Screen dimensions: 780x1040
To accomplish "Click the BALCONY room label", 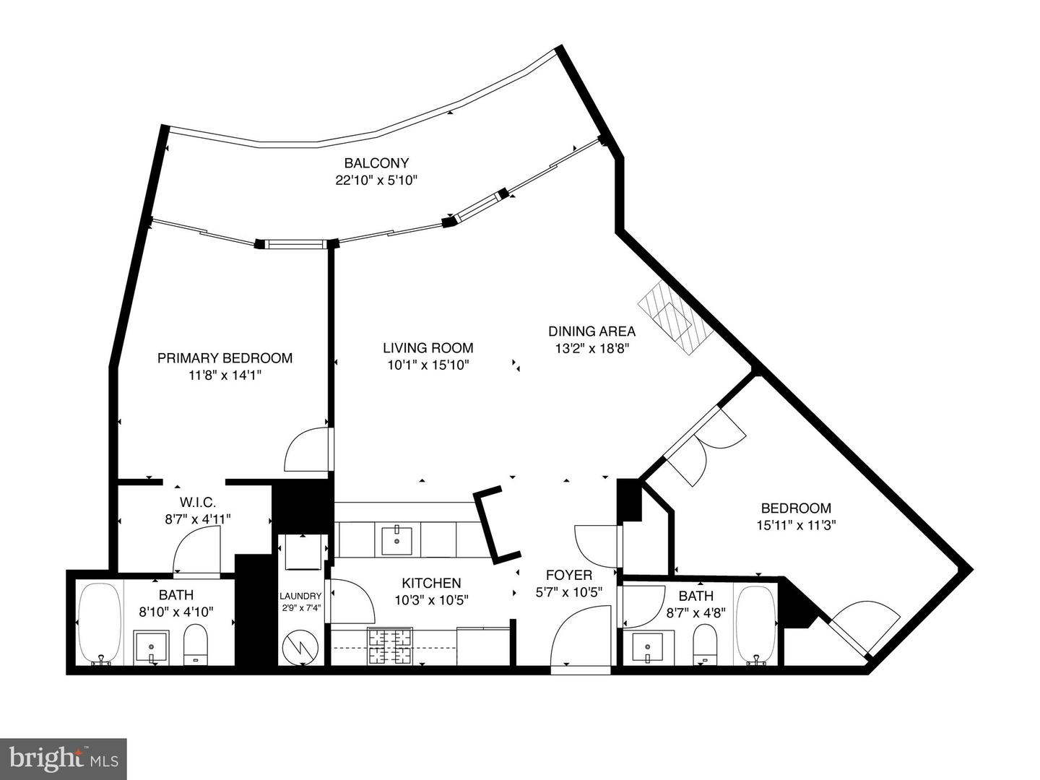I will pos(376,163).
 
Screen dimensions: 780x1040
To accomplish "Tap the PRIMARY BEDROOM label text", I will pos(225,358).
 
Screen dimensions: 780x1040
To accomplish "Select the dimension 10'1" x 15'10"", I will pos(428,365).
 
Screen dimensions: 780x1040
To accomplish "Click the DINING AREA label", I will pos(591,331).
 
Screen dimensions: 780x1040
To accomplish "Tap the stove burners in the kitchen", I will pos(389,646).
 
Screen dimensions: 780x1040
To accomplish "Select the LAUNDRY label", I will pos(300,596).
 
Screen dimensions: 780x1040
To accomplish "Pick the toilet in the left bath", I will pos(195,643).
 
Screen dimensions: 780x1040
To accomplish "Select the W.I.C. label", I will pos(198,503).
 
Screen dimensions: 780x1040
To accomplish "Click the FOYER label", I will pos(569,576).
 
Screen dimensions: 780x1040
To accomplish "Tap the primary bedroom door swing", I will pos(307,451).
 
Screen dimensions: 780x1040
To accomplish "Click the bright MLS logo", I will pos(64,758).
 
